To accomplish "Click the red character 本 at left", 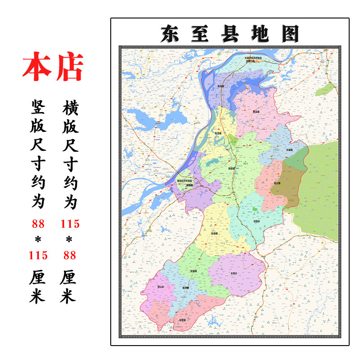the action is point(37,68).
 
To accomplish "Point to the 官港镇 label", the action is point(215,234).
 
